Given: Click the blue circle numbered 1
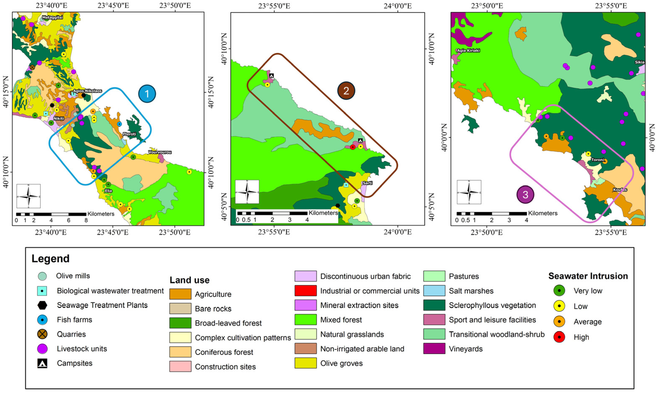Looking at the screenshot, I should [x=147, y=94].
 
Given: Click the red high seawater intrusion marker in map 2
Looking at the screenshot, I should [x=352, y=147].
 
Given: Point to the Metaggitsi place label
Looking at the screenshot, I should [x=52, y=17].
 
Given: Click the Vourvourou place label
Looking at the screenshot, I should [x=160, y=152].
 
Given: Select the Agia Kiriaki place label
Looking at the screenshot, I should [x=468, y=50].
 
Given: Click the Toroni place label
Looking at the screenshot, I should [x=598, y=160].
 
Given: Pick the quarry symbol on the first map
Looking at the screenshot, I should [x=32, y=67].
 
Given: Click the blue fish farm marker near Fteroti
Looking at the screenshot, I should [x=120, y=124].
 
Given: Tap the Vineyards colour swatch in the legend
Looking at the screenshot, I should [x=434, y=349].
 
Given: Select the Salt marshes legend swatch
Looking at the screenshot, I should [x=434, y=291].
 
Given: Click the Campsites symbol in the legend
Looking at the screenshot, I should [x=42, y=363].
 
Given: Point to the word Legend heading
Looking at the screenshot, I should [x=50, y=259].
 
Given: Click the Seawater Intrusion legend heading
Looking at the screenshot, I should [x=588, y=276].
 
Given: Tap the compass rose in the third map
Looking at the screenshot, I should [x=469, y=192].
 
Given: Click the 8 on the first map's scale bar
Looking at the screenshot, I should [x=86, y=220].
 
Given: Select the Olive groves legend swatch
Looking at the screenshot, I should [x=305, y=363].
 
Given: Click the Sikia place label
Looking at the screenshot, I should [x=640, y=62].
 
